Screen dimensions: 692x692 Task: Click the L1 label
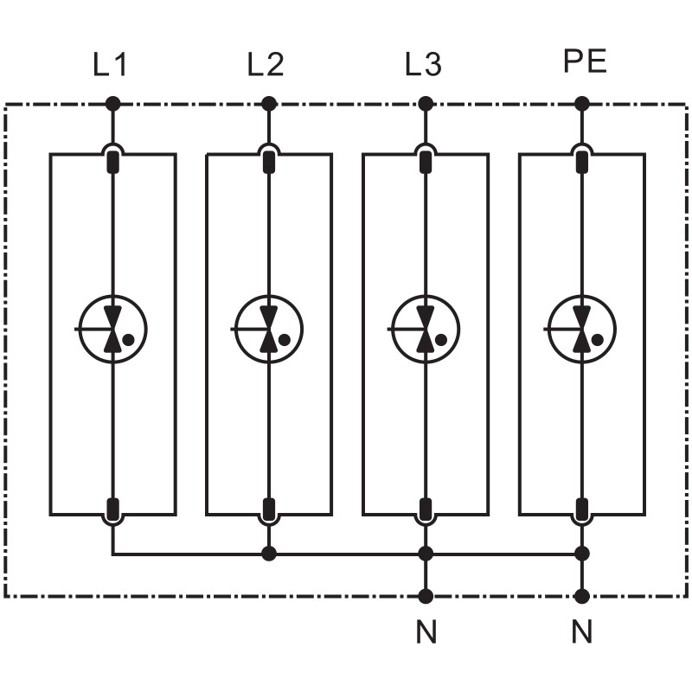click(x=111, y=65)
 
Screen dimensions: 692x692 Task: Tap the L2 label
click(x=266, y=65)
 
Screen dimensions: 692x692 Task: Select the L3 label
click(x=423, y=65)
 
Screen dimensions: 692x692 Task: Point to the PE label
click(x=585, y=62)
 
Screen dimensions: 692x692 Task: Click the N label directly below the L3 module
click(x=426, y=633)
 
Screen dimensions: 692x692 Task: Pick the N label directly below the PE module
click(x=582, y=633)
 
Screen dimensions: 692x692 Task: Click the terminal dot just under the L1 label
click(x=112, y=105)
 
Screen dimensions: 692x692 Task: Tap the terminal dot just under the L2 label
click(x=269, y=105)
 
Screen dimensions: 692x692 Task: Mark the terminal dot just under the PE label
click(x=582, y=105)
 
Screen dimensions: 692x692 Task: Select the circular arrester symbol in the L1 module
click(x=112, y=329)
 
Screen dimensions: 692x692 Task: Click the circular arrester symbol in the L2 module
click(x=269, y=329)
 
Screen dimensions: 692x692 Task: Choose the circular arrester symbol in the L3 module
click(x=426, y=329)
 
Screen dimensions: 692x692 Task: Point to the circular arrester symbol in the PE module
click(x=582, y=329)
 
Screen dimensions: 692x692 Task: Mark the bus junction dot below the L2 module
click(x=269, y=553)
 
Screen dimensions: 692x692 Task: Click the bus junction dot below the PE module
click(x=582, y=553)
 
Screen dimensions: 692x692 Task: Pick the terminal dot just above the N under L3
click(x=426, y=596)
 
